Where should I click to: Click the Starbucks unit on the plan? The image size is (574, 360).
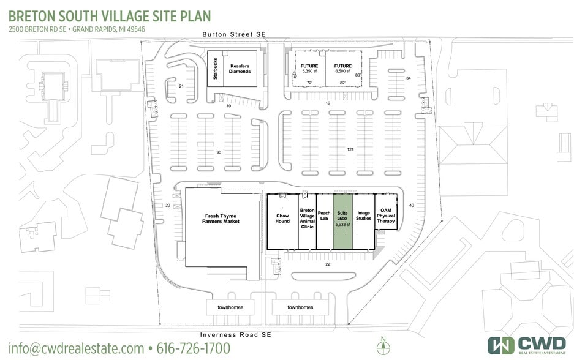215,69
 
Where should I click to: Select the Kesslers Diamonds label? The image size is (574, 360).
240,69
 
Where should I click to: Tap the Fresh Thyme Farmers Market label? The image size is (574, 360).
221,219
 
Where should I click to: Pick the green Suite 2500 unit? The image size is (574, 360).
342,222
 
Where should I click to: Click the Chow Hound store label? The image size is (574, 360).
282,219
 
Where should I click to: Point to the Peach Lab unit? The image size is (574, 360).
324,222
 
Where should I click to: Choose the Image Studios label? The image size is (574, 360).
363,216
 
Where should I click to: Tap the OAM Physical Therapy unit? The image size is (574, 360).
386,212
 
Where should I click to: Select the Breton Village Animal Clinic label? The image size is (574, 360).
307,219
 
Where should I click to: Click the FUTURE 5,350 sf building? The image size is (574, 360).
309,69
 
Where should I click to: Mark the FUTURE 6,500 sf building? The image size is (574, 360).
344,69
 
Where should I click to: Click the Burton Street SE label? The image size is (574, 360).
234,34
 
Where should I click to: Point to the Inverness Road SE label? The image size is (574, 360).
236,335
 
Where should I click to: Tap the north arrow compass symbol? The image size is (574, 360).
383,346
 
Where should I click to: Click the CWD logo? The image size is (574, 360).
527,345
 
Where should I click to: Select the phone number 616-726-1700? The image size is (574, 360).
194,348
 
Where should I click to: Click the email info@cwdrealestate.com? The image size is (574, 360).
76,348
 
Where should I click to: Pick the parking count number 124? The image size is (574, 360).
350,149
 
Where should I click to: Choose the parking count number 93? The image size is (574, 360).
219,152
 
